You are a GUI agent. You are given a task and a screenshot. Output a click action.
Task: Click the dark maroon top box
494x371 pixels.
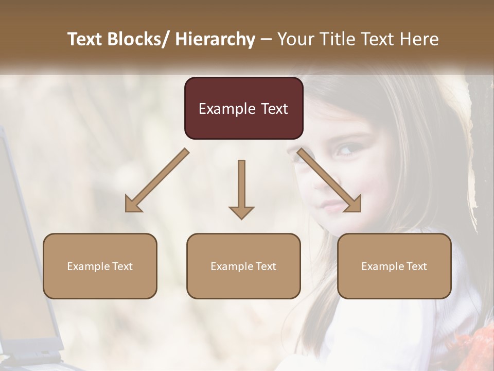pyautogui.click(x=243, y=108)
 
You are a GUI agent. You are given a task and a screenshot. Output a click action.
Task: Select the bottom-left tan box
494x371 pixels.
pyautogui.click(x=100, y=266)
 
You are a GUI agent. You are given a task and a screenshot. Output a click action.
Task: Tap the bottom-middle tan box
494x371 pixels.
pyautogui.click(x=243, y=266)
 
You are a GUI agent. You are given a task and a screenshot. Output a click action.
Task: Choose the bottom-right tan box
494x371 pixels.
pyautogui.click(x=394, y=266)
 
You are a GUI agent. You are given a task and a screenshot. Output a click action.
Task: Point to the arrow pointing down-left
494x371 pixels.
pyautogui.click(x=156, y=181)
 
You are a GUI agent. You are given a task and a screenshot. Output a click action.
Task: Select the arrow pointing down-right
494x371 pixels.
pyautogui.click(x=330, y=181)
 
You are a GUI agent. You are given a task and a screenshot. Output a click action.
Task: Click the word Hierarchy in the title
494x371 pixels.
pyautogui.click(x=215, y=39)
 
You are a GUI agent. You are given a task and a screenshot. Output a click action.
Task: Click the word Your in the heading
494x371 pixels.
pyautogui.click(x=295, y=39)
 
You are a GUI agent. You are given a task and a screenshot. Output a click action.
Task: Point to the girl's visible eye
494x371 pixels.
pyautogui.click(x=343, y=150)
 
